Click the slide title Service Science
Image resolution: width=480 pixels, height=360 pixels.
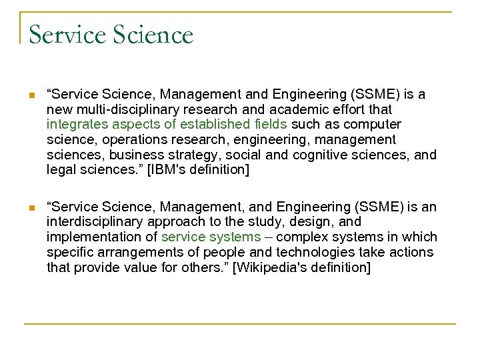coord(111,34)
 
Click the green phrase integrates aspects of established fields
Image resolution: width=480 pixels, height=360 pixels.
coord(167,125)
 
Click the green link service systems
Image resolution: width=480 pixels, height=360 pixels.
coord(211,237)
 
